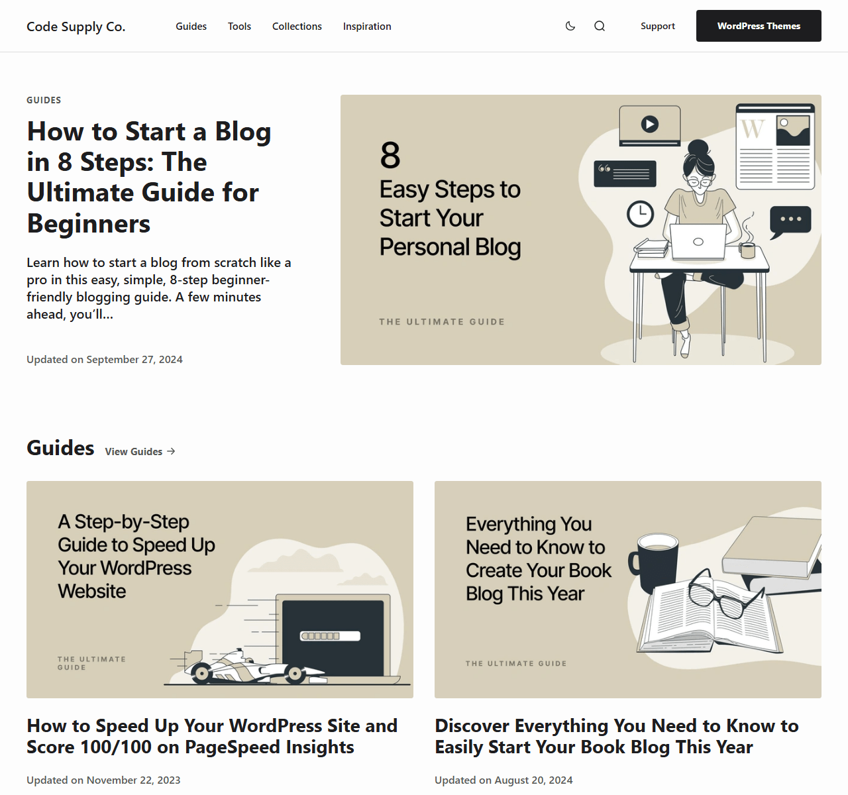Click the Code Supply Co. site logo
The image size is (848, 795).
76,26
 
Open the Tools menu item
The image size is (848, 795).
239,26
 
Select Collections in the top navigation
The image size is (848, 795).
297,26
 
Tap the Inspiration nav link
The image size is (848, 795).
367,26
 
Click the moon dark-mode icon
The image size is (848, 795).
570,26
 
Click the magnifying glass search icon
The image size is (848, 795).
600,26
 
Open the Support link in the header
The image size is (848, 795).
658,26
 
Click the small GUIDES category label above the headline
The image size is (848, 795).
44,100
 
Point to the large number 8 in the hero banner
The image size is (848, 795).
390,156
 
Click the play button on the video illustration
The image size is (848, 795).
649,125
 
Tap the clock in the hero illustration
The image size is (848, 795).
640,213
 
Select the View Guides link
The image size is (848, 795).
140,452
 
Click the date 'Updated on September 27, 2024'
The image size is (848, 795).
105,359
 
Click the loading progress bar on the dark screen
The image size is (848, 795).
330,636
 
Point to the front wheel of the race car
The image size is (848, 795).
295,674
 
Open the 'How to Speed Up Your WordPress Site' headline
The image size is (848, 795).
212,736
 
